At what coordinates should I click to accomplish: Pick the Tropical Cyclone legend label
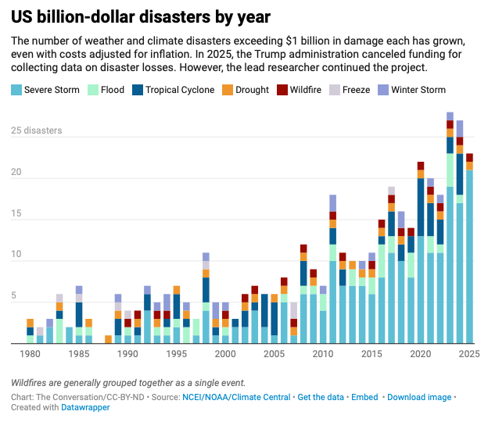(x=179, y=90)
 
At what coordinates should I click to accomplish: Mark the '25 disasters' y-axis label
(x=36, y=131)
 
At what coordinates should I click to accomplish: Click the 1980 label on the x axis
(x=30, y=355)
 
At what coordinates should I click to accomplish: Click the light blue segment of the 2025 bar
(x=469, y=258)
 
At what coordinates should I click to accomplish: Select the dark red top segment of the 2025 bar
(x=469, y=157)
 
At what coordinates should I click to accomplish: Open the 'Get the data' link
(x=321, y=397)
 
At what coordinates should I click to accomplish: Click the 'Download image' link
(x=419, y=397)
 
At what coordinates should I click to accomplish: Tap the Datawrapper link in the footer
(x=87, y=407)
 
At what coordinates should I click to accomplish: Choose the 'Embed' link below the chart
(x=364, y=397)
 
